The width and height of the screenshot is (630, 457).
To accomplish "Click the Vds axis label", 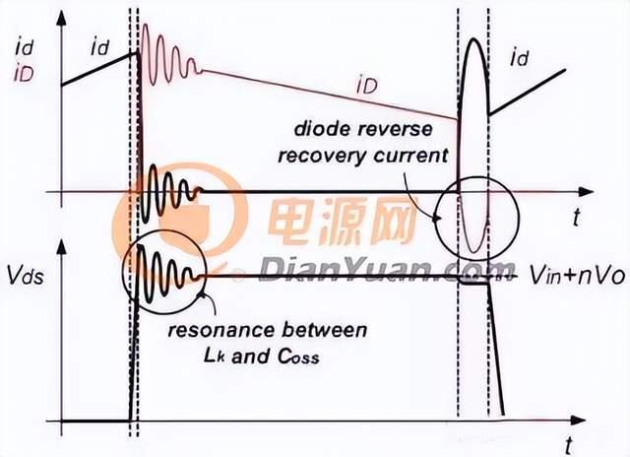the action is [x=26, y=277].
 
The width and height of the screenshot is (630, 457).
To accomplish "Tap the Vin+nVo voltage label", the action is [x=578, y=277].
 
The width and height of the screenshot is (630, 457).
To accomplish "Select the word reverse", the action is [x=397, y=130].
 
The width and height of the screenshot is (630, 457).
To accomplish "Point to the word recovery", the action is [x=323, y=156].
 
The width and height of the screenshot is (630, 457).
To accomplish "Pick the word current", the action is [x=410, y=156].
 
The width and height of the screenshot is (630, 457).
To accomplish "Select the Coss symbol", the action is [x=298, y=357].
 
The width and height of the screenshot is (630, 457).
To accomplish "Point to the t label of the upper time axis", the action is [x=577, y=219].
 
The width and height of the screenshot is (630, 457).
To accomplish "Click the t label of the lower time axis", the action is [x=569, y=445].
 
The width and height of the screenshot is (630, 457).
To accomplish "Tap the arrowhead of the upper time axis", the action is [x=586, y=192].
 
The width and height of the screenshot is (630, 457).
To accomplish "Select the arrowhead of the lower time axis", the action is [x=578, y=421].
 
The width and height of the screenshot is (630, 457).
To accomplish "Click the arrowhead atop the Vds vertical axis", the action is [x=61, y=246].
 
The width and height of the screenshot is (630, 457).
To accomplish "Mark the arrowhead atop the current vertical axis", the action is [x=61, y=18].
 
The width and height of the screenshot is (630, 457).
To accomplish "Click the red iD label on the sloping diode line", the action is [x=366, y=86].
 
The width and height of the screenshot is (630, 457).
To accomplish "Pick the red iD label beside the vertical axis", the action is [x=24, y=74].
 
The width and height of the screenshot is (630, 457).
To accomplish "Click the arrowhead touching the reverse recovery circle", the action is [x=435, y=219].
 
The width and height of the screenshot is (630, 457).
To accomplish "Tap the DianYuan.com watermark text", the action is [x=388, y=269].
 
